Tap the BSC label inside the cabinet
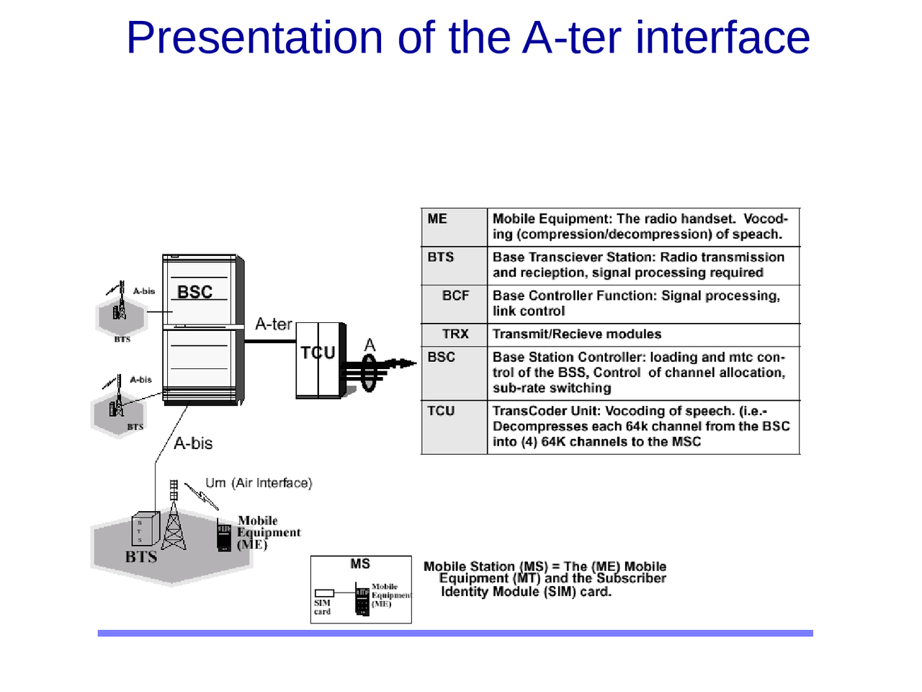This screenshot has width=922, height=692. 194,292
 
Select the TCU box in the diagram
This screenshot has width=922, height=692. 318,360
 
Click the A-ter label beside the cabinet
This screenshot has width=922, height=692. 274,324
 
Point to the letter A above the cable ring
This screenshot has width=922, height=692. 370,345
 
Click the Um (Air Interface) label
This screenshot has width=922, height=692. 259,483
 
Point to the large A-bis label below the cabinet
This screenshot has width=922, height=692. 193,443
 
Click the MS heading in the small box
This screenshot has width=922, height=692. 360,564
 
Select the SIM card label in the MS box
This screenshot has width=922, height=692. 322,607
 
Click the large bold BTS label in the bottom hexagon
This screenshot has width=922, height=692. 141,556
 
